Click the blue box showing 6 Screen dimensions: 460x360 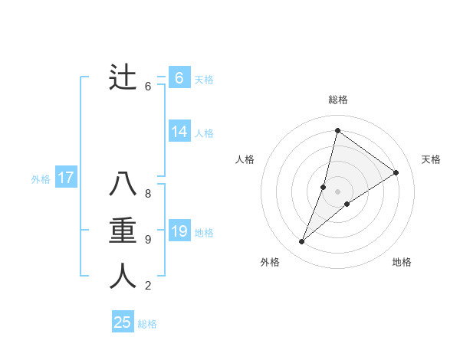point(179,78)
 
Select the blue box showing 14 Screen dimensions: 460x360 point(179,132)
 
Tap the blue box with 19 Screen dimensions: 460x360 point(179,231)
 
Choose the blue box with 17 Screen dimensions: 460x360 point(66,178)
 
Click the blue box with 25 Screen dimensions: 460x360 point(123,322)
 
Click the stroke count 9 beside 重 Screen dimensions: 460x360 point(148,240)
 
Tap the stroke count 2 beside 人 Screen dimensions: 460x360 point(148,286)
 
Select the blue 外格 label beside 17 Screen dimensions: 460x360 point(41,179)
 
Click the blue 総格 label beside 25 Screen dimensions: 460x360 point(147,324)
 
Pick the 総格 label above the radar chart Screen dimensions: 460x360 point(337,100)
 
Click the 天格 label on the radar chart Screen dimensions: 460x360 point(431,159)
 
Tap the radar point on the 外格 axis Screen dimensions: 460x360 point(301,242)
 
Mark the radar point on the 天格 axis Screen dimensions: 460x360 point(396,172)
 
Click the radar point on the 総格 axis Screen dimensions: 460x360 point(337,130)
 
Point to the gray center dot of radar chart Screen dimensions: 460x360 point(337,191)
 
